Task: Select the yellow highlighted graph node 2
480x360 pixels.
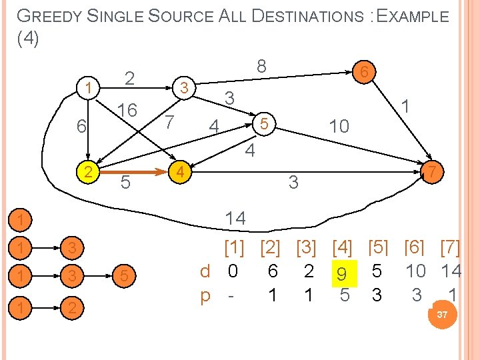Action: tap(88, 172)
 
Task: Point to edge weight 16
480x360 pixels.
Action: tap(127, 111)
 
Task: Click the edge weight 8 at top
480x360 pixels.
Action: tap(262, 67)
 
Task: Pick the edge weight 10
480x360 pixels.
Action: tap(339, 126)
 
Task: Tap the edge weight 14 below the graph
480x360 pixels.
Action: tap(235, 218)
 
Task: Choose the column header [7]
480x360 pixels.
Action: tap(450, 249)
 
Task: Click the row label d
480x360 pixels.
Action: tap(205, 271)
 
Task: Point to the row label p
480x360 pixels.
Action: tap(205, 295)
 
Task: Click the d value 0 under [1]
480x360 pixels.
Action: tap(233, 271)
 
